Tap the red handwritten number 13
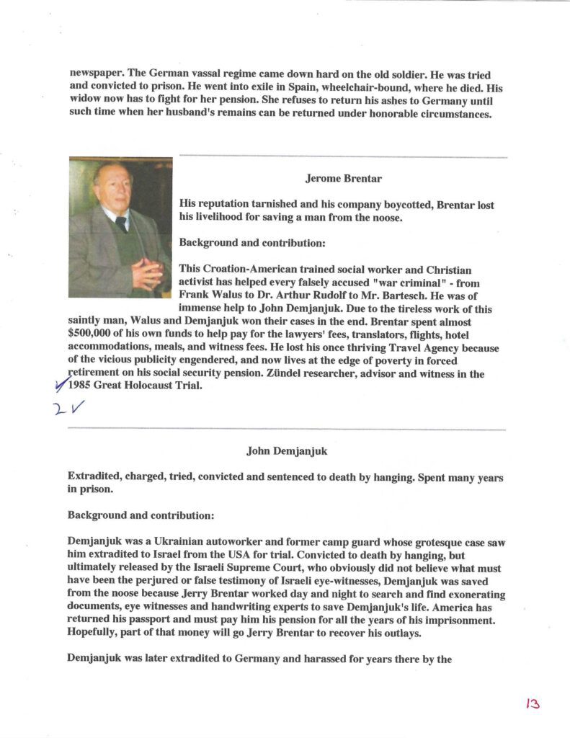pos(533,703)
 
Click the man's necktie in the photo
pos(121,223)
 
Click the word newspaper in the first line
pos(100,74)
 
